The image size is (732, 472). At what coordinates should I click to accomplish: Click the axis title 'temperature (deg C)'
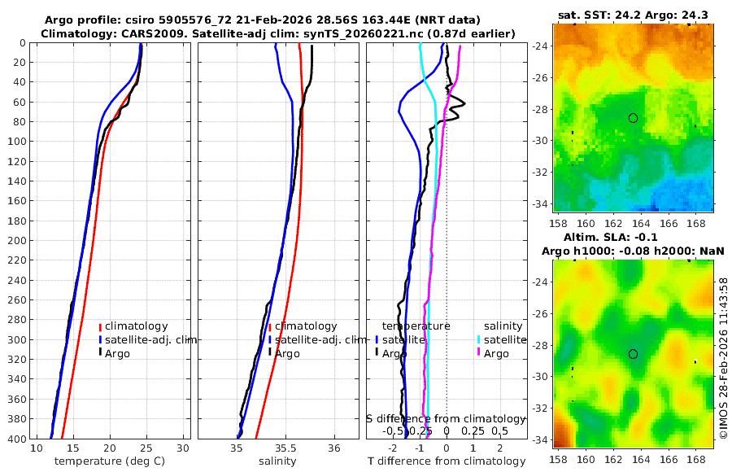tap(111, 461)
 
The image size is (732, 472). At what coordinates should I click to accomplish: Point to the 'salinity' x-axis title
tap(277, 461)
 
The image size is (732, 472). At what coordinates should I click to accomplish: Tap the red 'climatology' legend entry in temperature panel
tap(137, 326)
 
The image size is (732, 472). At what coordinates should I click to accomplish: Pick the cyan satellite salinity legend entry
tap(506, 339)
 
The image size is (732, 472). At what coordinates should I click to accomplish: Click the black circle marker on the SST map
tap(633, 118)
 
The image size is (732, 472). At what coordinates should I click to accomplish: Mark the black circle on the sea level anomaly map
tap(633, 354)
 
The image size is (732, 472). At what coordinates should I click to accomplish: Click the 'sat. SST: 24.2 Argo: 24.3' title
tap(633, 15)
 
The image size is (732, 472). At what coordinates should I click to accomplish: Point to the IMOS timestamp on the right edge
tap(723, 357)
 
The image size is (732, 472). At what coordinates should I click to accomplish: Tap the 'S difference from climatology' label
tap(446, 418)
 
